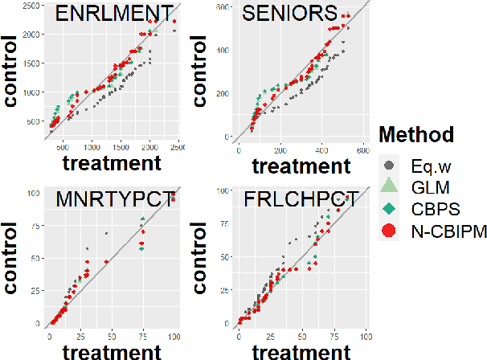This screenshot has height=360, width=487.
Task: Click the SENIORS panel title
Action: [x=290, y=14]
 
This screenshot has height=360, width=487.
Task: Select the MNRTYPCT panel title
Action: [x=113, y=200]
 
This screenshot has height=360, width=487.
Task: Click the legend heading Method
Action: [x=417, y=134]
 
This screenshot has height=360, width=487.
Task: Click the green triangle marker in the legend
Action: [x=389, y=186]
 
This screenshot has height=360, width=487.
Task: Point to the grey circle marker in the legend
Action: [x=389, y=166]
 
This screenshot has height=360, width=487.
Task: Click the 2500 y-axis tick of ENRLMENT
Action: [x=31, y=6]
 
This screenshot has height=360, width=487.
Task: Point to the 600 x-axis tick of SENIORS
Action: [x=362, y=149]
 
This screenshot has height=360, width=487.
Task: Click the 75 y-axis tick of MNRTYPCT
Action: [x=39, y=227]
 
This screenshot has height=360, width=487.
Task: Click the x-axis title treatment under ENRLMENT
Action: [x=112, y=163]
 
